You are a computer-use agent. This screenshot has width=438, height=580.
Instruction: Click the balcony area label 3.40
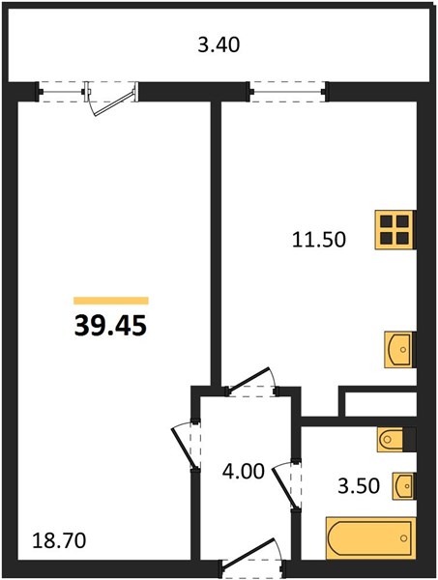[x=219, y=45]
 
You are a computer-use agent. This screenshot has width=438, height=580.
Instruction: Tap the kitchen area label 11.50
[x=319, y=240]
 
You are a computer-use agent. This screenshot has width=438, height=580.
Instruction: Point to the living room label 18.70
[x=59, y=540]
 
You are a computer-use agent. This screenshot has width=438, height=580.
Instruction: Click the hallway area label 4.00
[x=244, y=472]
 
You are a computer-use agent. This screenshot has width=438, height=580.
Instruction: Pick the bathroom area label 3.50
[x=359, y=485]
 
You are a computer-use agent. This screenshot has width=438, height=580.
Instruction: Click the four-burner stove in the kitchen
[x=395, y=230]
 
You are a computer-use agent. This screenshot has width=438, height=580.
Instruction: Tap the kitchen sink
[x=399, y=350]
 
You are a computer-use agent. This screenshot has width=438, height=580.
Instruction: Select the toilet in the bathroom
[x=395, y=440]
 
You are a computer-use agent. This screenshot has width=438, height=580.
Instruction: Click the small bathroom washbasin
[x=403, y=486]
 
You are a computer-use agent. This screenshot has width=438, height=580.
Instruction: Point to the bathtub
[x=370, y=537]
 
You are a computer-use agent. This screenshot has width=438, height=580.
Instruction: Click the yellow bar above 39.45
[x=111, y=301]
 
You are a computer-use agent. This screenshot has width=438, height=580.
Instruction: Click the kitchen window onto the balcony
[x=287, y=92]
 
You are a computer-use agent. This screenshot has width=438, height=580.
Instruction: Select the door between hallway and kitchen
[x=251, y=383]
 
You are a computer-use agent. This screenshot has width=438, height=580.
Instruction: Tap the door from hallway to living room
[x=186, y=446]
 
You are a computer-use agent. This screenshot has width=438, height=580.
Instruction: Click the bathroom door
[x=287, y=485]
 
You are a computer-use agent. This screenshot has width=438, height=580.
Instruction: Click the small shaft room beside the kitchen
[x=380, y=404]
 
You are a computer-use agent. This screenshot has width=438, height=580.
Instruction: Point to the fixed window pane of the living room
[x=61, y=92]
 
